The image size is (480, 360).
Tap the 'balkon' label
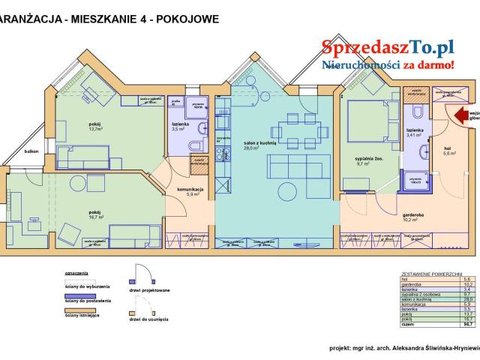point(31,151)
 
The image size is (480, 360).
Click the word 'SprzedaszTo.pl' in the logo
point(388,46)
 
